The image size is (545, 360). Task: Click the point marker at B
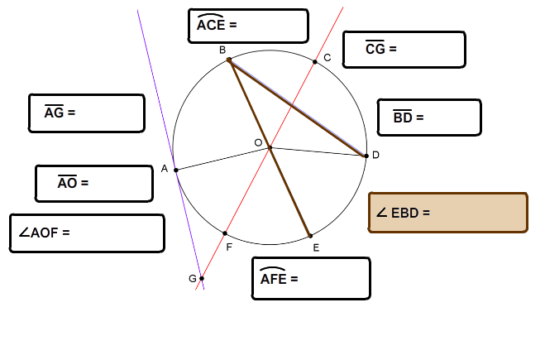point(229,60)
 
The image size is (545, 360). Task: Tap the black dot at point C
point(315,62)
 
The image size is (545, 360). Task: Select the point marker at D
point(366,156)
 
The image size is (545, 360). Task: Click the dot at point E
point(310,236)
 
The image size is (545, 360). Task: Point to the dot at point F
point(225,233)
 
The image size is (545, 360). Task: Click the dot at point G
point(202,278)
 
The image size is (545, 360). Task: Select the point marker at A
point(176,170)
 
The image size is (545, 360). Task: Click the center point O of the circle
point(270,148)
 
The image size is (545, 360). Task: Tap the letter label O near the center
point(258,142)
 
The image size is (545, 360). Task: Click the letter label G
point(193,278)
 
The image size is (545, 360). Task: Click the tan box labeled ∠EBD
point(448,212)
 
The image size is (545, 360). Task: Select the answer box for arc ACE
point(248,26)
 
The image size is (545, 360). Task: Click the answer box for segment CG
point(404,50)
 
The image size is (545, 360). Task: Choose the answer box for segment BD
point(429,118)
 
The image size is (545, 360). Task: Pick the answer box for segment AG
point(87,113)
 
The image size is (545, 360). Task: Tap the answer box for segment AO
point(94,183)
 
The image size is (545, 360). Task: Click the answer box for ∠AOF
point(87,233)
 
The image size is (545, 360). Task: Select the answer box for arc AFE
point(311,278)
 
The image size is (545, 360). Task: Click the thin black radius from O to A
point(222,159)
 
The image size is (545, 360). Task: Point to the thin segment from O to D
point(318,152)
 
